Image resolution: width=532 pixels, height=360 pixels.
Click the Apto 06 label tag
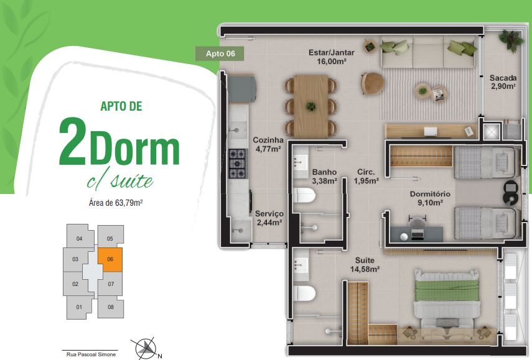coord(220,53)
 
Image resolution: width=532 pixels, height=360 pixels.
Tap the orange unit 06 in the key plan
coord(110,260)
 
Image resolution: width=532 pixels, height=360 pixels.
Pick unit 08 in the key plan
coord(111,307)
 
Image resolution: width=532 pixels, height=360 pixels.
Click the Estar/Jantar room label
coord(332,57)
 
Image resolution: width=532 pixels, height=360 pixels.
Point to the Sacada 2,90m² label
coord(503,82)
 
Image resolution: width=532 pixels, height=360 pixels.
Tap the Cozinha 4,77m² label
coord(268,144)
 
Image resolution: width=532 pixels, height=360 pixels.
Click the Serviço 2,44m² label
coord(269,218)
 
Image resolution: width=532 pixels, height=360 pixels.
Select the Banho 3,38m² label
coord(324,177)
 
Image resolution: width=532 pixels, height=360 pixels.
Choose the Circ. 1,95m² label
coord(366,177)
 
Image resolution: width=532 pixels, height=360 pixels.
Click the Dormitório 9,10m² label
coord(430,198)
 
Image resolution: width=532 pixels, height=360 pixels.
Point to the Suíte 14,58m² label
coord(365,265)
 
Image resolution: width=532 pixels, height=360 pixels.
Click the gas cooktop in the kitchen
coord(238,164)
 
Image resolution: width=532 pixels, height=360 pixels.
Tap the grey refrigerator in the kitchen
coord(241,88)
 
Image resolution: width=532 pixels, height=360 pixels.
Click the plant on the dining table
coord(310,106)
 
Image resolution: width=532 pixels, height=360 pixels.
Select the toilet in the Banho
coord(304,196)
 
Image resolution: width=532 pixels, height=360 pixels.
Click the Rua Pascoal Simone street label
coord(91,354)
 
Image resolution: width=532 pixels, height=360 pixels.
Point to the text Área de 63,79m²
coord(116,203)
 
